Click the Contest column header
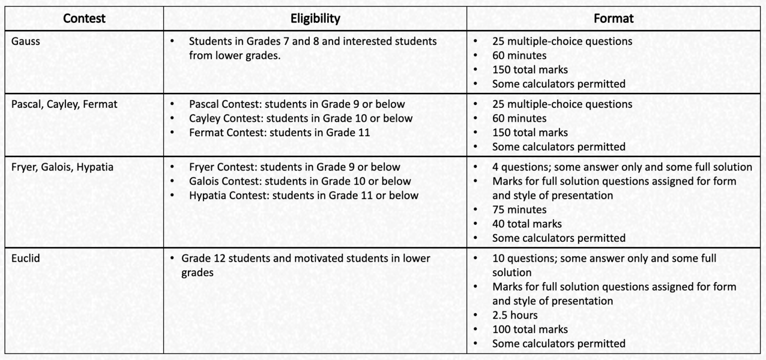click(84, 19)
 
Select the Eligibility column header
click(315, 19)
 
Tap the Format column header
click(613, 19)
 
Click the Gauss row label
click(25, 41)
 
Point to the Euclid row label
click(26, 259)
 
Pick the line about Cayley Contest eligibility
click(301, 119)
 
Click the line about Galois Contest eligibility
click(300, 181)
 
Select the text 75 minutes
click(519, 209)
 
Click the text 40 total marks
click(527, 224)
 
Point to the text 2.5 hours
click(515, 315)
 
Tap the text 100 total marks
click(530, 329)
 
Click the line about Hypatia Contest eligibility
click(304, 195)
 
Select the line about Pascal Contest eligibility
click(297, 104)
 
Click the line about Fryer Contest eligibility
click(294, 167)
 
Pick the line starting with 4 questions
click(622, 167)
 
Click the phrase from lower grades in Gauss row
click(234, 55)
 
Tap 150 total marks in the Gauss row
click(530, 70)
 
